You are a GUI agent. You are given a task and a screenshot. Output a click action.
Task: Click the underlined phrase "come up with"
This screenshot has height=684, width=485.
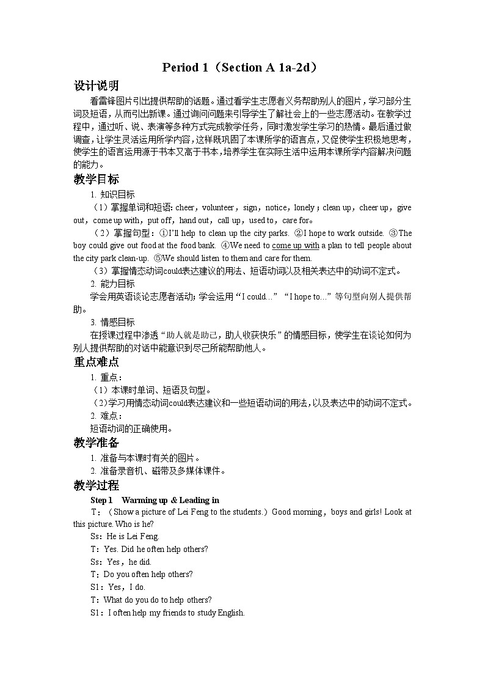[x=296, y=246]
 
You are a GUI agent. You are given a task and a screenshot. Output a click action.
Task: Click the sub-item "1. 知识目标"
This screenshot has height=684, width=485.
[x=113, y=194]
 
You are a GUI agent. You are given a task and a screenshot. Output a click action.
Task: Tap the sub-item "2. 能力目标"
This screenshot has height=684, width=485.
[x=113, y=284]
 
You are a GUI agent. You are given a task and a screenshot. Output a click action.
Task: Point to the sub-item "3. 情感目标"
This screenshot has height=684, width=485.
[x=113, y=322]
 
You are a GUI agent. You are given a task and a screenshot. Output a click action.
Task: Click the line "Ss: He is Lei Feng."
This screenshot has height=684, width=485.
[x=125, y=536]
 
